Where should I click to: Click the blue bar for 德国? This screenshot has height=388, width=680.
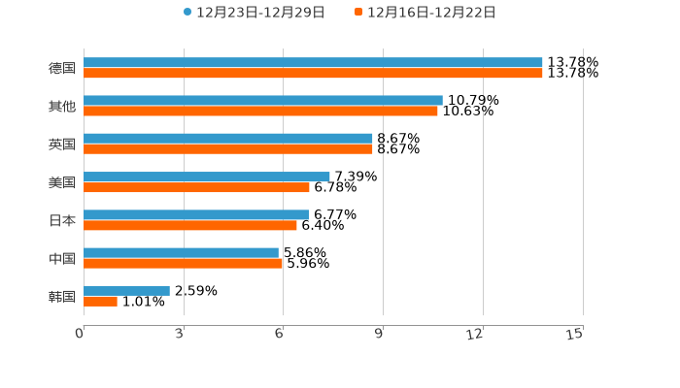[313, 62]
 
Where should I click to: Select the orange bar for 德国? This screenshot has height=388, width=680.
[313, 73]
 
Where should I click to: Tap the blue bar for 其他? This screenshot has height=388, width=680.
[262, 100]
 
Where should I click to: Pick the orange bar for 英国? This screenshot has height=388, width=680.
[228, 149]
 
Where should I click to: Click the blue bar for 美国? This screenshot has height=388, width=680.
[207, 177]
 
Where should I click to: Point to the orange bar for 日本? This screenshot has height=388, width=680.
[190, 225]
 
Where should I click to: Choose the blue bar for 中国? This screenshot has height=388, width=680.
[181, 252]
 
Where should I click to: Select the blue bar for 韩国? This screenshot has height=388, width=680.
[126, 290]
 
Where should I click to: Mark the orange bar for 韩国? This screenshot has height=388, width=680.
[100, 302]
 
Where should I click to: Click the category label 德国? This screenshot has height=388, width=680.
[62, 68]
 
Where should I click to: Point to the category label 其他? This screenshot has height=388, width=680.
[62, 106]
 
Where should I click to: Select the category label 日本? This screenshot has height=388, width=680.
[62, 220]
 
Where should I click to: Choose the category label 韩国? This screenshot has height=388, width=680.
[62, 296]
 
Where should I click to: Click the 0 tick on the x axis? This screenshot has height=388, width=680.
[80, 335]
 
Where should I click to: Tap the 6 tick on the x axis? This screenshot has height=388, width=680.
[279, 335]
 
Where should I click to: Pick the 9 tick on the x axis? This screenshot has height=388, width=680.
[379, 335]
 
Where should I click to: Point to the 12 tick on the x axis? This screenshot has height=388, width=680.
[475, 335]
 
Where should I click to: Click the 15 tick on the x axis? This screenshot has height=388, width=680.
[575, 335]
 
